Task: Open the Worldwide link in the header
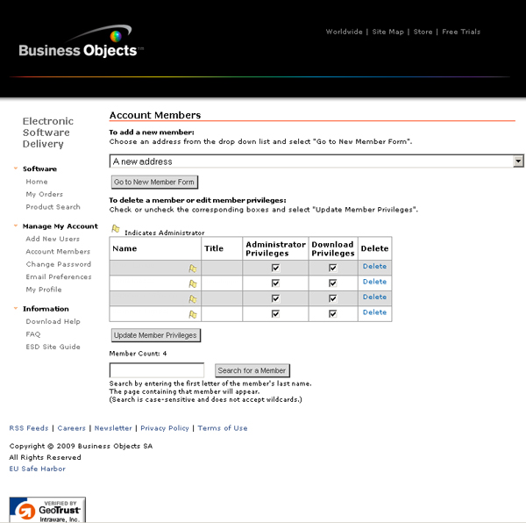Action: click(344, 32)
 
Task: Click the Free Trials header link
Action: click(461, 32)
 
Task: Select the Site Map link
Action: click(388, 32)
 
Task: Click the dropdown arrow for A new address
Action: click(518, 161)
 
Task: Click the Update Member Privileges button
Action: click(156, 335)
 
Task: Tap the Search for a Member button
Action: click(252, 370)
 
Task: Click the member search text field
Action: click(157, 370)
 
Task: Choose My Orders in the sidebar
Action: click(45, 195)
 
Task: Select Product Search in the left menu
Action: click(53, 207)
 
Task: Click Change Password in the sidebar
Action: click(58, 264)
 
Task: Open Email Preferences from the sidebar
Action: click(59, 277)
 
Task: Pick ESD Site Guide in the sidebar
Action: click(53, 347)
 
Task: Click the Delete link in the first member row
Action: click(374, 267)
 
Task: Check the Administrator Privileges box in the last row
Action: click(275, 313)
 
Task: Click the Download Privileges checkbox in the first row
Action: click(332, 268)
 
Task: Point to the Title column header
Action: click(214, 249)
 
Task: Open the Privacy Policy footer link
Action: click(165, 428)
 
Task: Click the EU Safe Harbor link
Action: click(37, 469)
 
